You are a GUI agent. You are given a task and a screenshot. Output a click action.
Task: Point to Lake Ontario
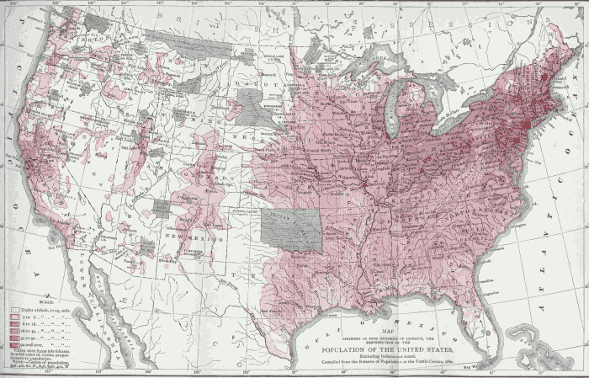coord(496,93)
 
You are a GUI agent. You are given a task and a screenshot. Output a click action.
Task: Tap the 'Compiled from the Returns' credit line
coord(384,362)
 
